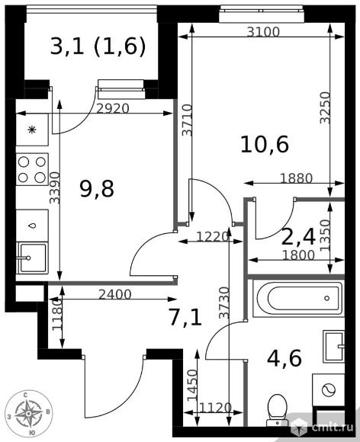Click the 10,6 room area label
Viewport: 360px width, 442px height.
(x=265, y=145)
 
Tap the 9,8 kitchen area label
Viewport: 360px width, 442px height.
(x=97, y=189)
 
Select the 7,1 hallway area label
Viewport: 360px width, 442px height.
(x=185, y=318)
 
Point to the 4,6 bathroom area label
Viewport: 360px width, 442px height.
(x=284, y=358)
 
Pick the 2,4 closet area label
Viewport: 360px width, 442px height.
(x=298, y=237)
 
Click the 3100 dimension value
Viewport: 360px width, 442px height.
(x=263, y=32)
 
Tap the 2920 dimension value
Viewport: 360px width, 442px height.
(x=113, y=108)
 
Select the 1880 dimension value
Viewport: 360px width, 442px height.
(x=296, y=178)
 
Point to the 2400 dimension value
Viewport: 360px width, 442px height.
(x=115, y=295)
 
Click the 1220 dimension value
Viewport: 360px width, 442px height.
(x=212, y=237)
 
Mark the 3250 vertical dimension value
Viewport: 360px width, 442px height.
(x=325, y=107)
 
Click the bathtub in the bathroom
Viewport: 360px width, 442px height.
(x=298, y=298)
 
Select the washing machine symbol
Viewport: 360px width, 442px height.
(x=328, y=390)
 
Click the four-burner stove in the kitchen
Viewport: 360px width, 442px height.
(x=32, y=169)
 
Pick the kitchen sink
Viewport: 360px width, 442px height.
(x=32, y=258)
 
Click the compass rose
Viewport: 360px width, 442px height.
(x=28, y=414)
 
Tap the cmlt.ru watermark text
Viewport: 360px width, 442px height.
(x=333, y=428)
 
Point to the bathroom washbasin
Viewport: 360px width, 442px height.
(x=334, y=347)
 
